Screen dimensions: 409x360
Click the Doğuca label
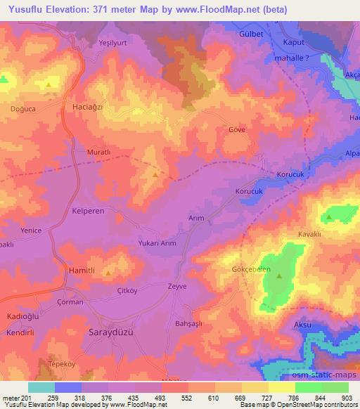(22, 109)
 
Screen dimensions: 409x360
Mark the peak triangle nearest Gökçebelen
(279, 276)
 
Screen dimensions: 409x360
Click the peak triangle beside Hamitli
(108, 272)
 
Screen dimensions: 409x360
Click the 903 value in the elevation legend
(347, 398)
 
